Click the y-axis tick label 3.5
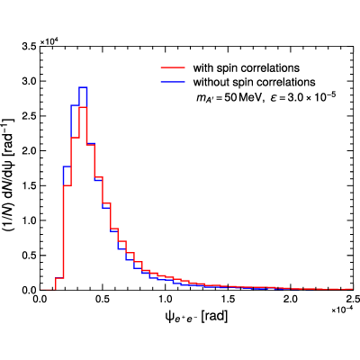tap(30, 47)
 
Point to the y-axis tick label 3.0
tap(30, 81)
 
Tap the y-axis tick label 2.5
tap(30, 116)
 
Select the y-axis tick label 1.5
tap(30, 185)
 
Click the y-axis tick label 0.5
tap(30, 256)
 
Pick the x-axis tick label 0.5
tap(103, 299)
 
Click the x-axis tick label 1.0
tap(166, 299)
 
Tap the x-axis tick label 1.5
tap(228, 299)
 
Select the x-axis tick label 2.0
tap(291, 299)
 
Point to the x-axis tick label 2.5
tap(353, 299)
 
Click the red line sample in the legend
tap(173, 68)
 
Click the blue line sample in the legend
tap(173, 82)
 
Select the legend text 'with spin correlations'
tap(247, 68)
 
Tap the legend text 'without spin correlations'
tap(255, 82)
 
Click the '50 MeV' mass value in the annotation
tap(242, 98)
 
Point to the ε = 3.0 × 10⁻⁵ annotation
tap(302, 96)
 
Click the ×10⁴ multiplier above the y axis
tap(49, 41)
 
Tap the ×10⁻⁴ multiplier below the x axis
tap(342, 310)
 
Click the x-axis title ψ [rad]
tap(196, 317)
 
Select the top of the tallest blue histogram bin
tap(83, 87)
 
